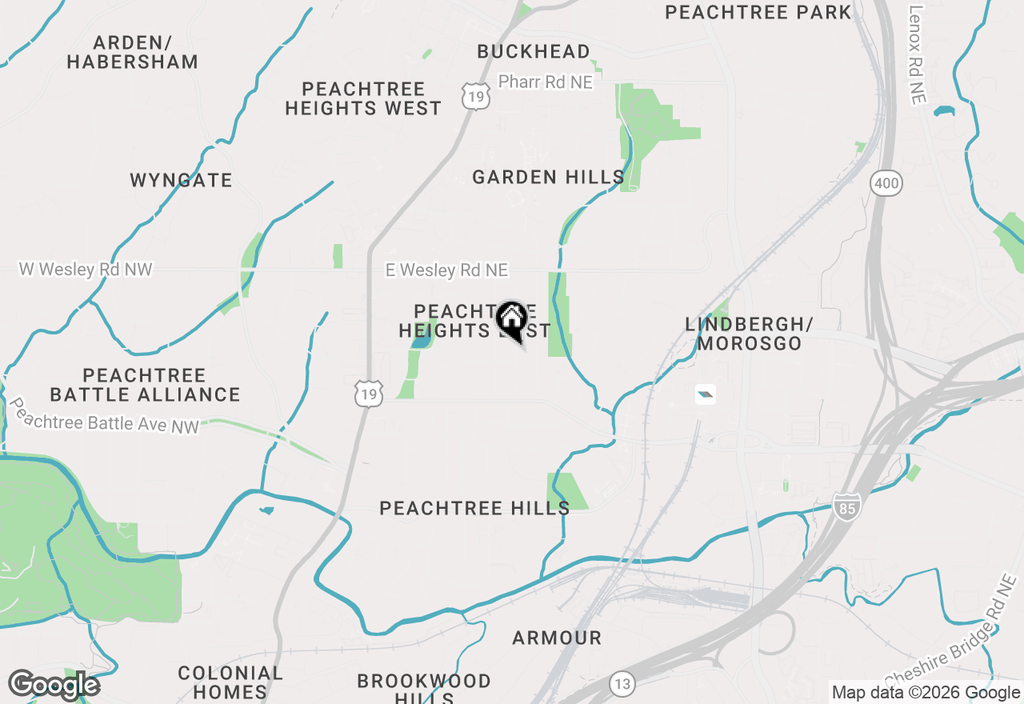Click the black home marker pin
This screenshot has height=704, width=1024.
point(511,319)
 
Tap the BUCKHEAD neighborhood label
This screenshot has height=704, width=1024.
point(534,52)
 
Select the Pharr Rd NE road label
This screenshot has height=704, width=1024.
point(546,82)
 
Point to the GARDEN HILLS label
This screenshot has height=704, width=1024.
point(548,177)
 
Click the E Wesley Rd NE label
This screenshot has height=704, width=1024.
point(446,270)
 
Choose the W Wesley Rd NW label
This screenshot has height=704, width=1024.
point(86,270)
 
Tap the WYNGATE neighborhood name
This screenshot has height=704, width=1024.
point(182,181)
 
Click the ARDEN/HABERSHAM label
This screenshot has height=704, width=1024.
point(133,52)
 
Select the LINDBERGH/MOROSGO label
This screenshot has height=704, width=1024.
point(749,334)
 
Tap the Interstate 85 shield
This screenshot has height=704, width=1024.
point(846,506)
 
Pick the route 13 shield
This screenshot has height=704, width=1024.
point(622,684)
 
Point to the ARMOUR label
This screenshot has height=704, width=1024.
point(557,638)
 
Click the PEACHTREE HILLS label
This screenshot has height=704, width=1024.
point(474,508)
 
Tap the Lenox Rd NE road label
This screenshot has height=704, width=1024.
point(917,54)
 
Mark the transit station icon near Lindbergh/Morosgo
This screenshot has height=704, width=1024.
point(705,394)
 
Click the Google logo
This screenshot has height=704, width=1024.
point(54,685)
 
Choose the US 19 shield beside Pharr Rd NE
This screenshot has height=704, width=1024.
point(476,97)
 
